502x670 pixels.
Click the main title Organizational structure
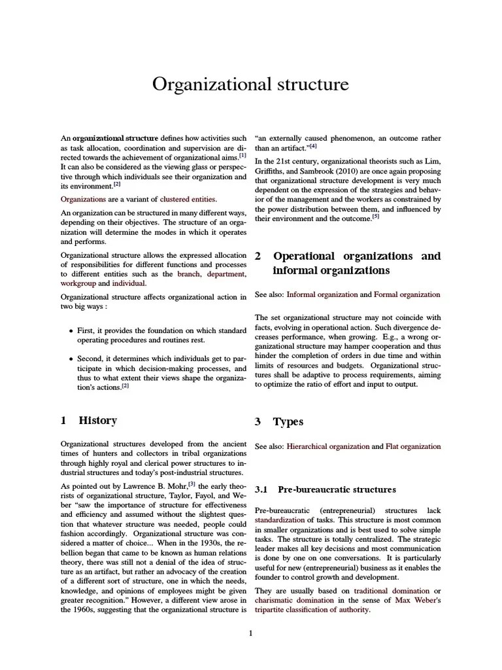pos(250,85)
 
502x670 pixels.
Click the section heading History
pos(97,421)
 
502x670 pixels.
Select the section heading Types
pos(288,422)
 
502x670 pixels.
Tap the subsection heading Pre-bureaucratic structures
pos(337,489)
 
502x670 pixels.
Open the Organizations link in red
pos(83,199)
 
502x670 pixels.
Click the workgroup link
pos(78,283)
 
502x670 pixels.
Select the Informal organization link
pos(322,295)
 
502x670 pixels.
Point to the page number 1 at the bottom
pos(250,633)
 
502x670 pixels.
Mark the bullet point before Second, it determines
pos(71,359)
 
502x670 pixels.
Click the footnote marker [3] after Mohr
pos(192,484)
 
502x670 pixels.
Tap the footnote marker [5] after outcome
pos(375,217)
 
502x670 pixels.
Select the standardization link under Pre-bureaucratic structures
pos(280,520)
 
